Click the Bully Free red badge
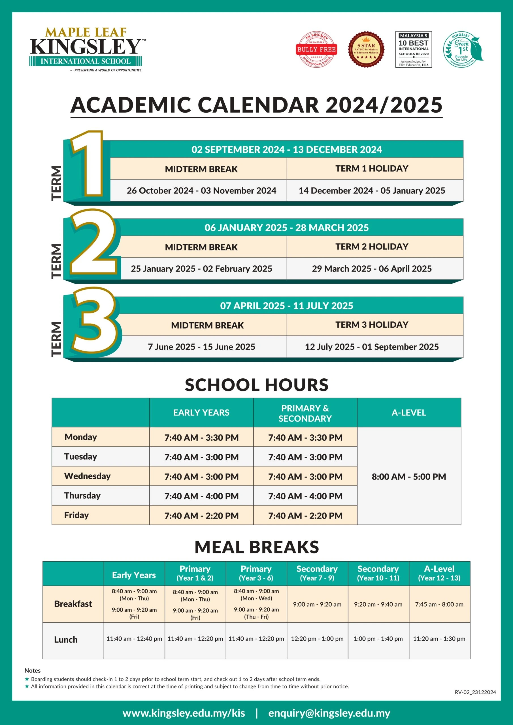[x=316, y=49]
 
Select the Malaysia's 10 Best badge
[x=414, y=49]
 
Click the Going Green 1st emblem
[x=463, y=50]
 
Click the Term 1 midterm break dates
[x=201, y=191]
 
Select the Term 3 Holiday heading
[x=372, y=325]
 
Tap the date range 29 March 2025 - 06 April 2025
[x=372, y=269]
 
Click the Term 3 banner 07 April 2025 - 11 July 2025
[x=286, y=306]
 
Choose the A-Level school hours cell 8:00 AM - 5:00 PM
[x=409, y=477]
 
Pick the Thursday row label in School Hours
[x=82, y=495]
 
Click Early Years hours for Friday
[x=201, y=516]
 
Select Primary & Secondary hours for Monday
[x=305, y=438]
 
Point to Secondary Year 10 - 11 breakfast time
[x=378, y=604]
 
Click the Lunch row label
[x=66, y=640]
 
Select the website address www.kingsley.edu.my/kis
[x=184, y=713]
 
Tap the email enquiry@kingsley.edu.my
[x=329, y=713]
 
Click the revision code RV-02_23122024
[x=475, y=692]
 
